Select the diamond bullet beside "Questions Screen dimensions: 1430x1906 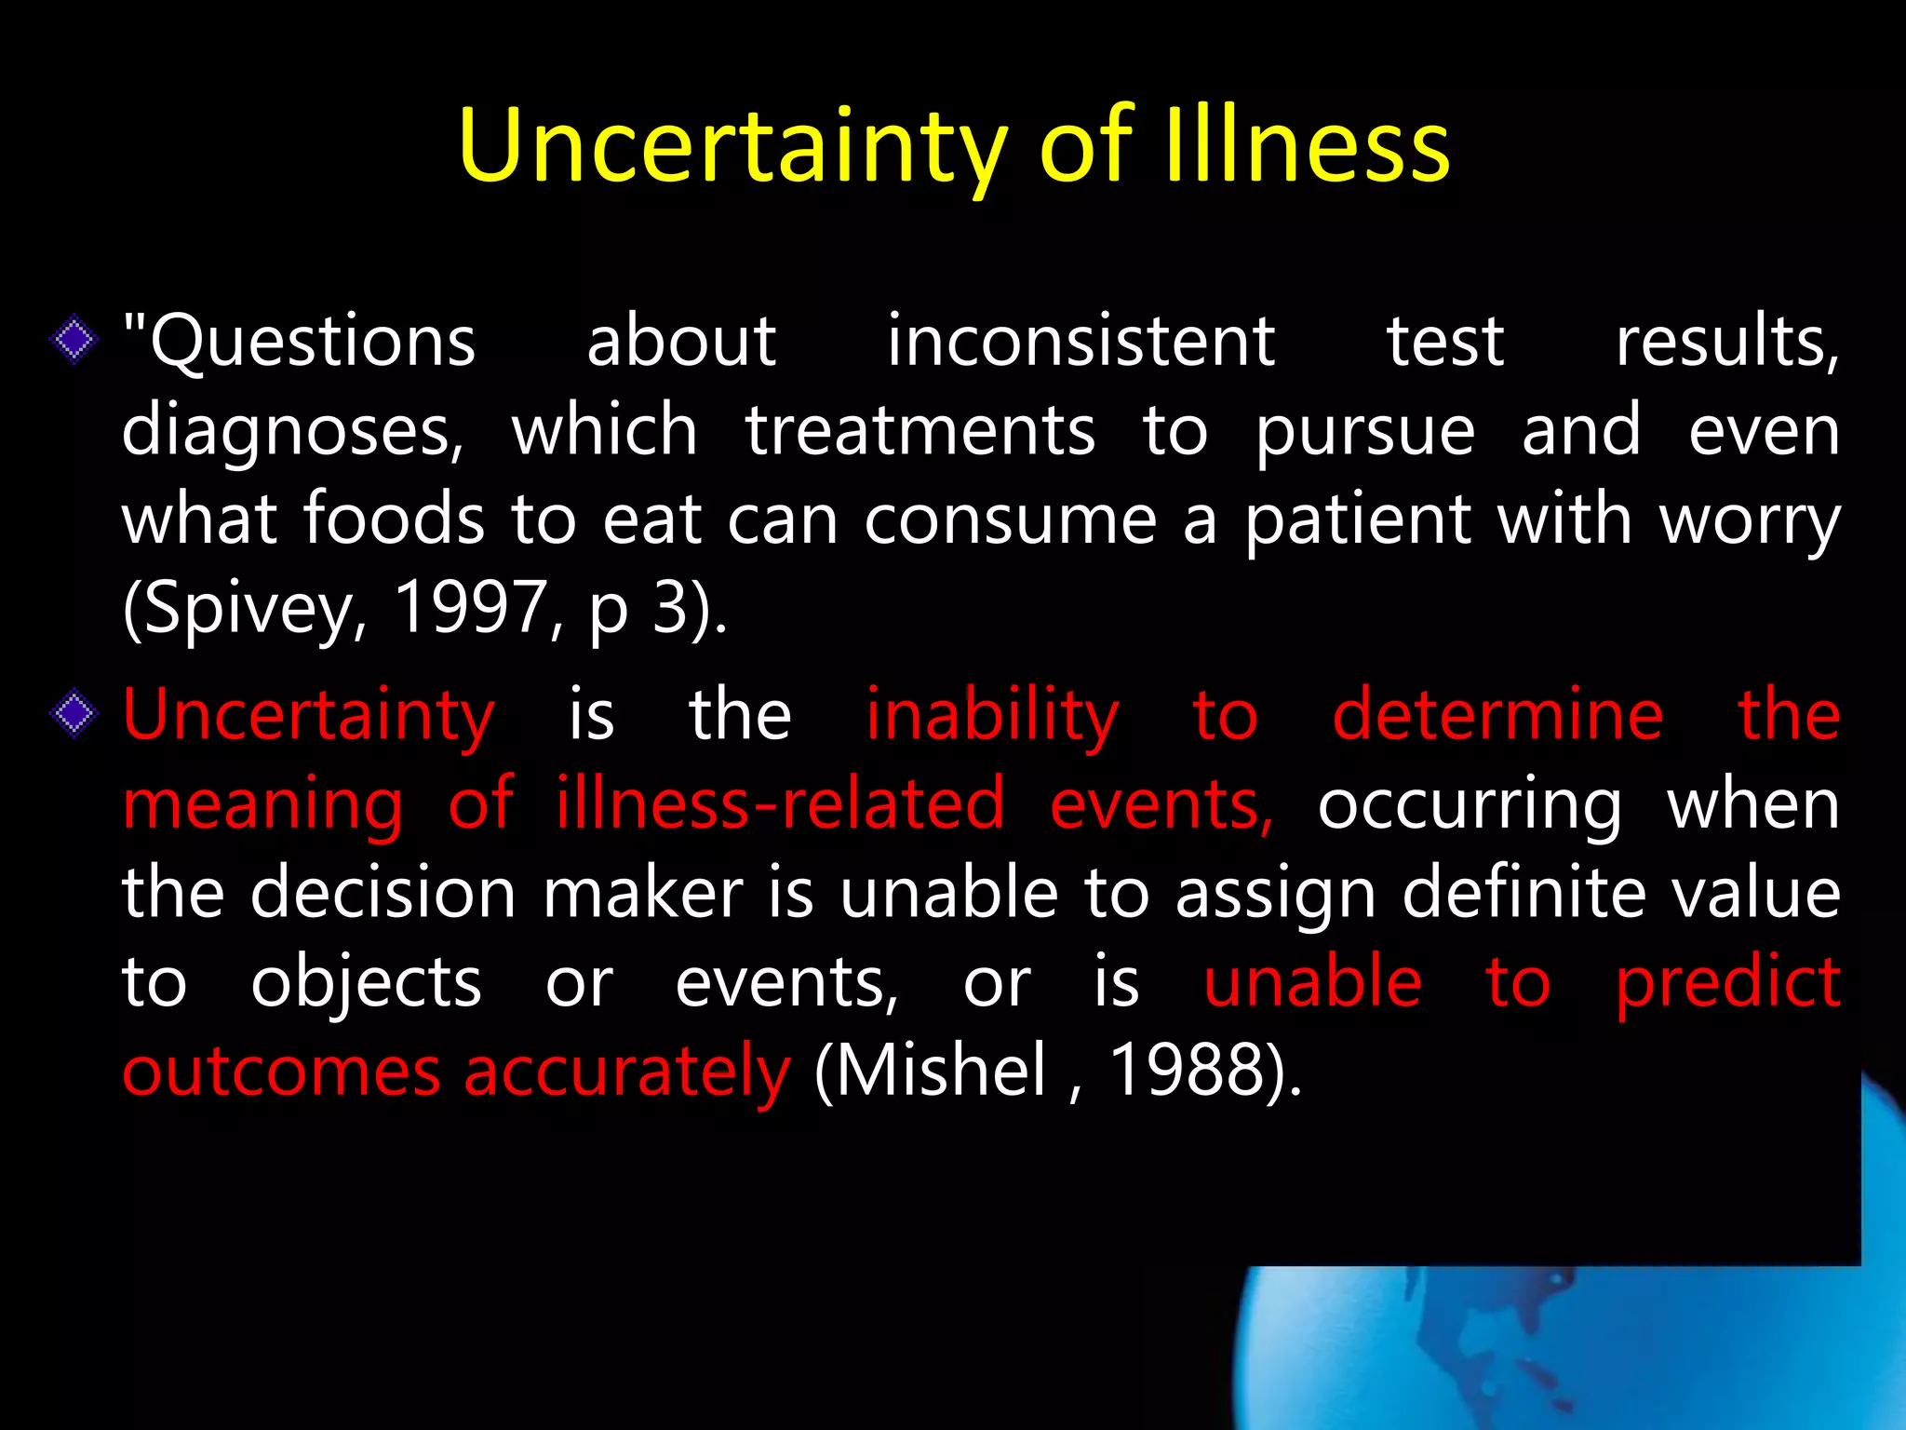pos(74,340)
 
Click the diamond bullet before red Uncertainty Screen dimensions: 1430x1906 pos(74,715)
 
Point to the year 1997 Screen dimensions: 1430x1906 pos(470,607)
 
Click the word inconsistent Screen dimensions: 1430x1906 pos(1081,341)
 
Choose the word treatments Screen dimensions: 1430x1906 pos(920,430)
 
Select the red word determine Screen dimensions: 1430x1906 pos(1497,715)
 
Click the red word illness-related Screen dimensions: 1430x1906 pos(780,803)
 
